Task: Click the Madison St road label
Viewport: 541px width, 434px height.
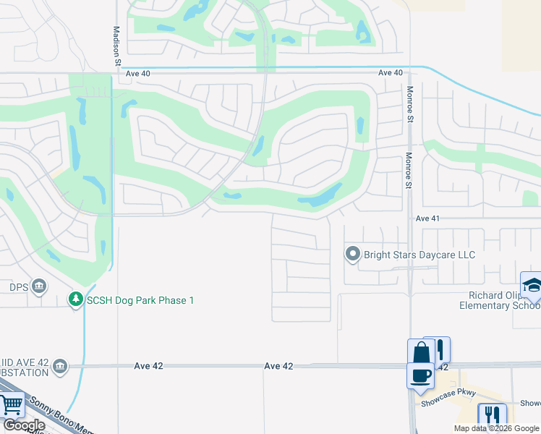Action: coord(116,46)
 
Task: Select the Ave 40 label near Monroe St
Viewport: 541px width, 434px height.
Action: coord(390,73)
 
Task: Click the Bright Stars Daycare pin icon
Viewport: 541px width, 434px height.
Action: coord(352,254)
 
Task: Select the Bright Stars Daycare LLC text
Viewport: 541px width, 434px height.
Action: coord(419,255)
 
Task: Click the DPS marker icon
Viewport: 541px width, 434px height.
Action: coord(39,287)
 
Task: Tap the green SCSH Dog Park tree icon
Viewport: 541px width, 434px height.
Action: coord(74,299)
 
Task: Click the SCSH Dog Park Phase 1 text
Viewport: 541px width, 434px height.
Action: coord(140,299)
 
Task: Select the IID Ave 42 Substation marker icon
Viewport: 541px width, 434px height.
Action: coord(60,366)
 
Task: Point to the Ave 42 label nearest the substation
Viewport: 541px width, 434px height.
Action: coord(149,366)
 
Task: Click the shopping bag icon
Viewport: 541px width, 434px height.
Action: coord(421,354)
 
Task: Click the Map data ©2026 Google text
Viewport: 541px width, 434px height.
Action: coord(495,428)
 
